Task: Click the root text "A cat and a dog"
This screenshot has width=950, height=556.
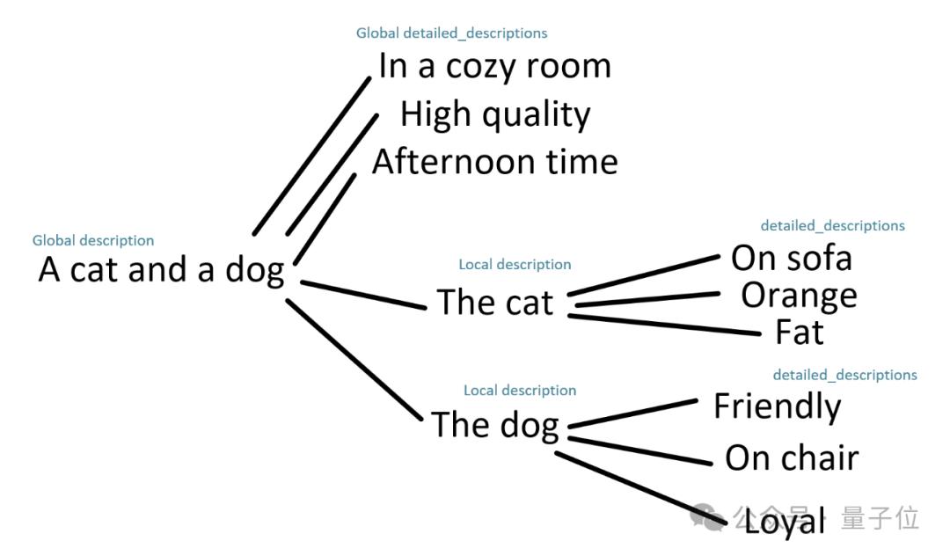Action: click(x=162, y=270)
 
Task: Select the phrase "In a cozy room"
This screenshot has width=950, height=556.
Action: click(x=494, y=67)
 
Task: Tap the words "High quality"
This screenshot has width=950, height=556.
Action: click(x=495, y=114)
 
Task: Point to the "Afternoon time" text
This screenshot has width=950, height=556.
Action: click(x=495, y=162)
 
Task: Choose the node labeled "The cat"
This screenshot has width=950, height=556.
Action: click(x=495, y=303)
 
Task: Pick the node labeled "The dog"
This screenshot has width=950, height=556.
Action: click(x=495, y=425)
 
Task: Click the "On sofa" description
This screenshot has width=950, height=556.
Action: click(x=792, y=258)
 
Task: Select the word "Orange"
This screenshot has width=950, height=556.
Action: click(x=799, y=296)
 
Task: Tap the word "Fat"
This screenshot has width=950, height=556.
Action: click(x=800, y=333)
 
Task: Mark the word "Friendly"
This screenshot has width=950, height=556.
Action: click(x=777, y=406)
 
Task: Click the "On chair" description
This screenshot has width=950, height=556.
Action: click(x=792, y=457)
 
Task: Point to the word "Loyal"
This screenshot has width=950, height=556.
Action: click(x=785, y=521)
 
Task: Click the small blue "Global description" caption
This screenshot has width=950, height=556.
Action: click(x=93, y=240)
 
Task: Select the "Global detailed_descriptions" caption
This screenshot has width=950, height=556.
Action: click(x=451, y=33)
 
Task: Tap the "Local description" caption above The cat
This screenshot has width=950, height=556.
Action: click(x=515, y=264)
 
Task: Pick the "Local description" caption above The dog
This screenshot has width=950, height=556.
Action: click(x=520, y=390)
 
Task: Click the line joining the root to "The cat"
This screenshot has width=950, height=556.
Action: click(x=362, y=295)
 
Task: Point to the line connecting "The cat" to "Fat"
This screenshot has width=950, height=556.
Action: click(x=664, y=325)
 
